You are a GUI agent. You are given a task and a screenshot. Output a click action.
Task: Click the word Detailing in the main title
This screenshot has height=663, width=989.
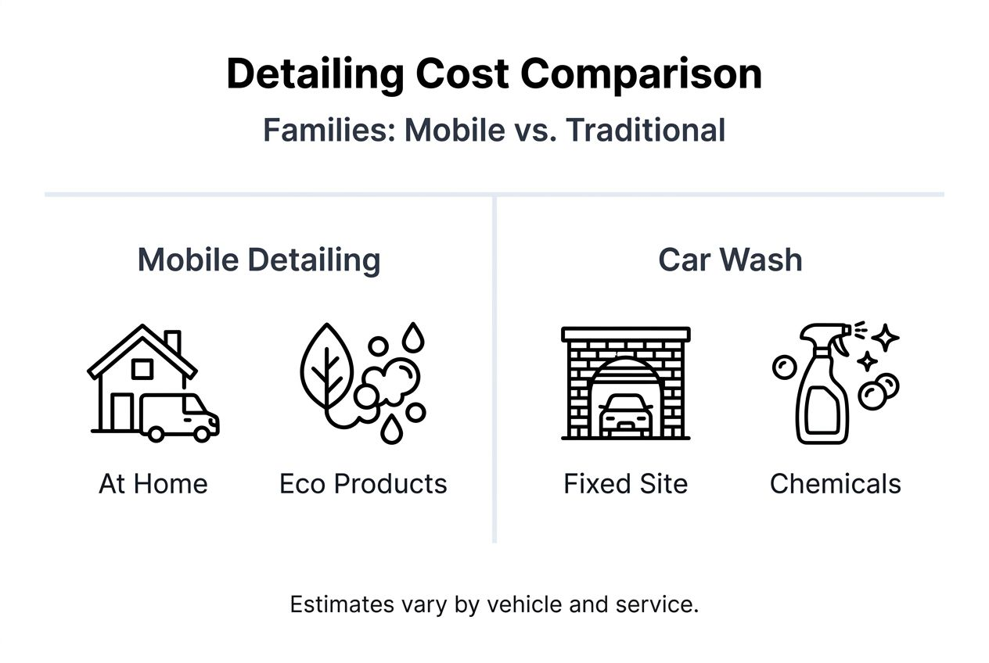(x=315, y=75)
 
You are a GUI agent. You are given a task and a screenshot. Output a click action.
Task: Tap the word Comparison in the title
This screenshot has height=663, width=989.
(x=640, y=75)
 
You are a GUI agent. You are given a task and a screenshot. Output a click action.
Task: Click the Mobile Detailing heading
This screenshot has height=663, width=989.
(x=259, y=260)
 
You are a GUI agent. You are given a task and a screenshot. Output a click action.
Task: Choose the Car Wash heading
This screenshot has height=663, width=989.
(x=730, y=260)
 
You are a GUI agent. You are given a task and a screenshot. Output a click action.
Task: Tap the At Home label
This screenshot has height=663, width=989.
(x=153, y=484)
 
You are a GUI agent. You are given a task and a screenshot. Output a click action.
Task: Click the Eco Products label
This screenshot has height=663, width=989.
(x=363, y=484)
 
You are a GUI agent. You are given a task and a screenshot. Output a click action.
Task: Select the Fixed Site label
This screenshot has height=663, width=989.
(x=625, y=484)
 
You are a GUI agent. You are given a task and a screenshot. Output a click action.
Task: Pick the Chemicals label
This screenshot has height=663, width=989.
(x=835, y=484)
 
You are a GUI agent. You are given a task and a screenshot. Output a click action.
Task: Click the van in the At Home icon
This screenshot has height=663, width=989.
(x=180, y=416)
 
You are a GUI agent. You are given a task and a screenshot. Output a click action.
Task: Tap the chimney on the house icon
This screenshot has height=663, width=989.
(x=173, y=342)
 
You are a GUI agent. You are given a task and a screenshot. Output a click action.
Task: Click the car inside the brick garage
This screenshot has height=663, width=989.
(x=626, y=414)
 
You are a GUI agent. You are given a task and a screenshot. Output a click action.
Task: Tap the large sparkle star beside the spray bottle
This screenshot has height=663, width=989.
(x=887, y=338)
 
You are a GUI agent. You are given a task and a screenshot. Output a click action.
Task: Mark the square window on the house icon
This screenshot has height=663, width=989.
(x=142, y=369)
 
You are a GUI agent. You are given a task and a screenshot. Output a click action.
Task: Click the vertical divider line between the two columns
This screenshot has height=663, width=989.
(x=494, y=367)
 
